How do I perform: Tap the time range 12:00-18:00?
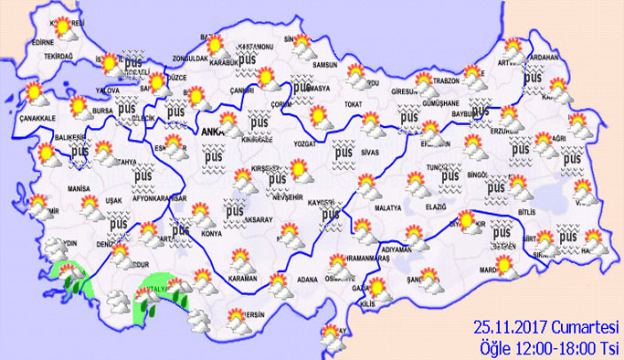[x=560, y=346]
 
